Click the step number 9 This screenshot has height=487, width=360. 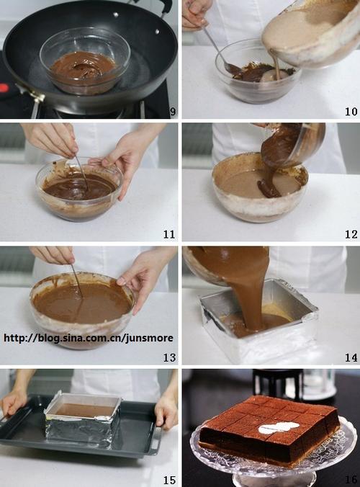tap(173, 112)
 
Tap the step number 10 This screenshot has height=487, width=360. tap(351, 112)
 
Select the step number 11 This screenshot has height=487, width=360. tap(169, 234)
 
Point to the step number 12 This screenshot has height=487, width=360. tap(351, 234)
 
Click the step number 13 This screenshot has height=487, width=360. tap(169, 357)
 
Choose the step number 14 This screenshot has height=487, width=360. tap(351, 357)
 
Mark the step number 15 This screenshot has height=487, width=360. tap(169, 481)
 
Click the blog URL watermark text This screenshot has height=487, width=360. tap(89, 338)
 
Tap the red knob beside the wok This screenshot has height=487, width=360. tap(3, 88)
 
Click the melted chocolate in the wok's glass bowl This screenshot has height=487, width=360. tap(82, 71)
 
